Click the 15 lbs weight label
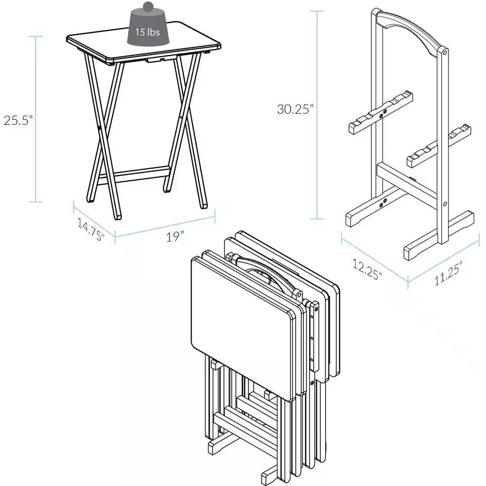point(147,33)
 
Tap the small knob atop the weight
point(147,7)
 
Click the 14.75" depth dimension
point(90,229)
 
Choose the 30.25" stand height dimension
point(294,109)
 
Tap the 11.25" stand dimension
point(448,273)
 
